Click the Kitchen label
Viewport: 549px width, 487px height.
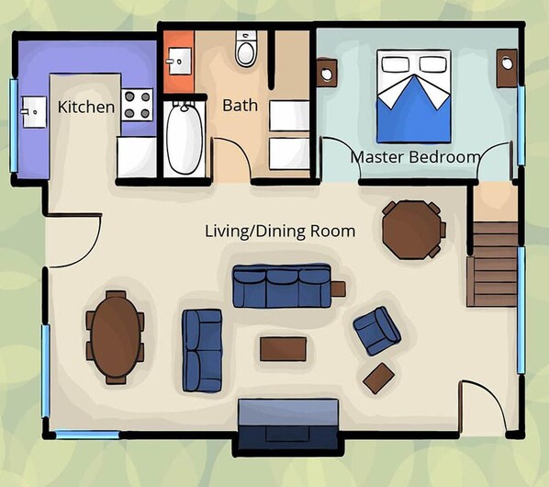click(86, 107)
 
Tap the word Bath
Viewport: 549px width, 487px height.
click(241, 105)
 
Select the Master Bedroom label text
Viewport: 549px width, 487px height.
click(415, 157)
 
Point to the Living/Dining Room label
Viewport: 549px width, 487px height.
click(280, 232)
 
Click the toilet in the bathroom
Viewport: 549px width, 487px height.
click(246, 48)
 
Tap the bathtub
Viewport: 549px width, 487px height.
click(185, 138)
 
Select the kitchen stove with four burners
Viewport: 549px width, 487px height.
click(138, 105)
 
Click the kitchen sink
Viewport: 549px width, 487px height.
click(34, 112)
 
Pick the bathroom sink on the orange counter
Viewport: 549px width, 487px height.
click(180, 62)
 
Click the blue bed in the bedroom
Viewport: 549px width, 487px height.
click(413, 96)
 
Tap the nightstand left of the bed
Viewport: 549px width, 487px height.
click(327, 73)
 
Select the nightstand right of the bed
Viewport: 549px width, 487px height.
click(507, 68)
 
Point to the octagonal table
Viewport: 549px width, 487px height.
click(413, 230)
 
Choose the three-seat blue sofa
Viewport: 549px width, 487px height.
click(282, 286)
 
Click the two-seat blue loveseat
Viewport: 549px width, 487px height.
click(202, 350)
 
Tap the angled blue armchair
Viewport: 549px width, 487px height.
click(377, 331)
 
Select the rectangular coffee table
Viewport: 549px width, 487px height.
click(284, 349)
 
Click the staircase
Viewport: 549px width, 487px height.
click(493, 264)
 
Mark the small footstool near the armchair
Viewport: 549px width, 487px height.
click(379, 378)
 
